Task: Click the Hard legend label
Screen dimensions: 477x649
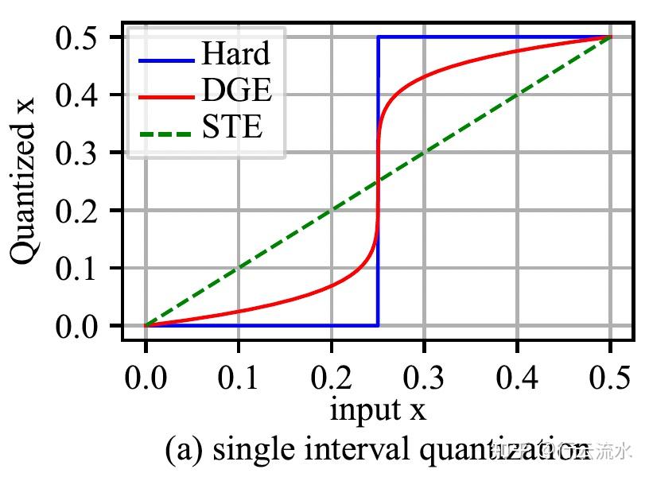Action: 235,54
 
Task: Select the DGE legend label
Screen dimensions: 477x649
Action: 236,91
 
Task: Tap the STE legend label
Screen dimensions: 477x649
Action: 231,127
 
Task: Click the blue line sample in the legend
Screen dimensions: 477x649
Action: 166,60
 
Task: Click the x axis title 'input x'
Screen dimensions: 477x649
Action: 378,410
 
